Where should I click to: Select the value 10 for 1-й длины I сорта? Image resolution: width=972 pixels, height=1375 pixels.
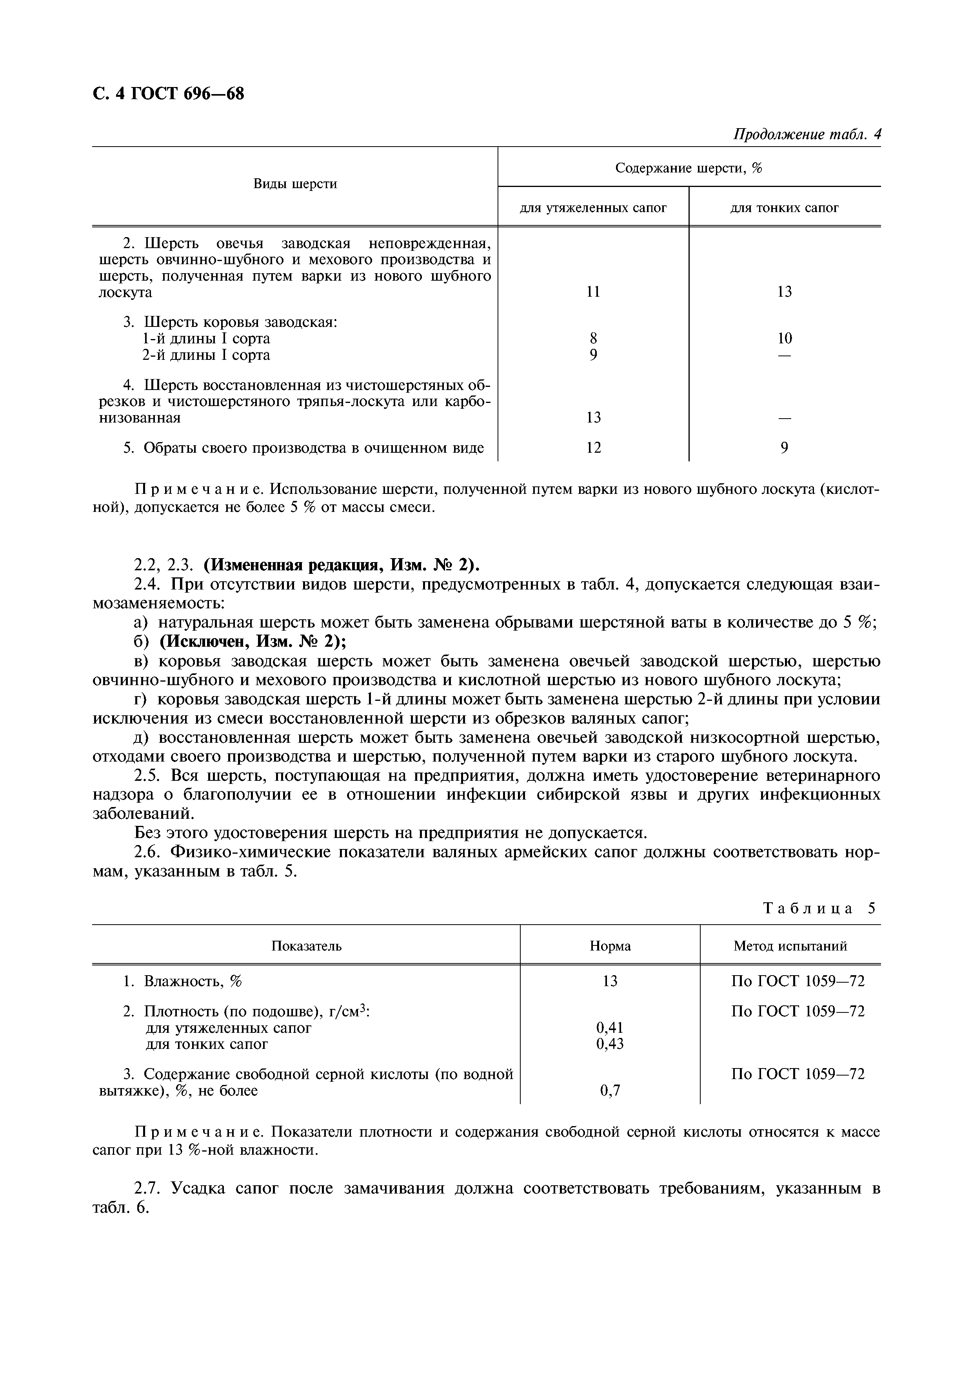coord(785,339)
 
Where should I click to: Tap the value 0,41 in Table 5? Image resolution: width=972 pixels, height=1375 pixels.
coord(610,1028)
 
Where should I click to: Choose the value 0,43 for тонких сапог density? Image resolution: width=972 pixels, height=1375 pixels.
coord(610,1044)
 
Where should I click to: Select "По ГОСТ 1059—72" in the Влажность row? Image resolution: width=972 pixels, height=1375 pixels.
coord(798,981)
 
